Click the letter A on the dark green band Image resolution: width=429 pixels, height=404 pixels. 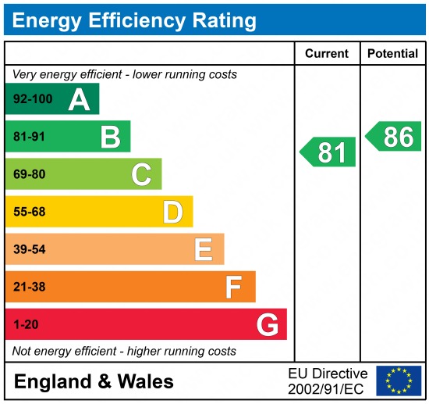[79, 100]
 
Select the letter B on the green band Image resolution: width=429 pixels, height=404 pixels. [110, 138]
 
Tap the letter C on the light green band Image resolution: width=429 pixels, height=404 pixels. [141, 174]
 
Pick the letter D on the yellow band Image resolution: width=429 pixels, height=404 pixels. [172, 212]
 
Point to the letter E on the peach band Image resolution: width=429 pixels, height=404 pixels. [204, 249]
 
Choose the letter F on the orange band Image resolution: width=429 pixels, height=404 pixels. [234, 287]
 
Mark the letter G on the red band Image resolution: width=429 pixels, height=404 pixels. [268, 324]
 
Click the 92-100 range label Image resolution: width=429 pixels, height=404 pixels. [31, 100]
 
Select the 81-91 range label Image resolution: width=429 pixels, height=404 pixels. [29, 138]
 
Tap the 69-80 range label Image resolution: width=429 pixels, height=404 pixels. [29, 174]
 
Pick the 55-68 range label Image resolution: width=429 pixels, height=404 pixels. [29, 212]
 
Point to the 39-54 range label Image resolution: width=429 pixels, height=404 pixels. [29, 249]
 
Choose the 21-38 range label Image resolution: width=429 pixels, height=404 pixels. [29, 287]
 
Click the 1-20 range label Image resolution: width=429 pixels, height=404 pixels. [25, 324]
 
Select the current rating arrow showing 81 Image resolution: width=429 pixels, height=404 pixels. [328, 152]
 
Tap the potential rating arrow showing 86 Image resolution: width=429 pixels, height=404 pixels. [394, 137]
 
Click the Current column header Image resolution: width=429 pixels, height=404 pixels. [326, 54]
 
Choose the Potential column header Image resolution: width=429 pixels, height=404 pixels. [393, 54]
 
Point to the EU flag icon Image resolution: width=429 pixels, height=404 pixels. [398, 381]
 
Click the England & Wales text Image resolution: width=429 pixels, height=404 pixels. [94, 382]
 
